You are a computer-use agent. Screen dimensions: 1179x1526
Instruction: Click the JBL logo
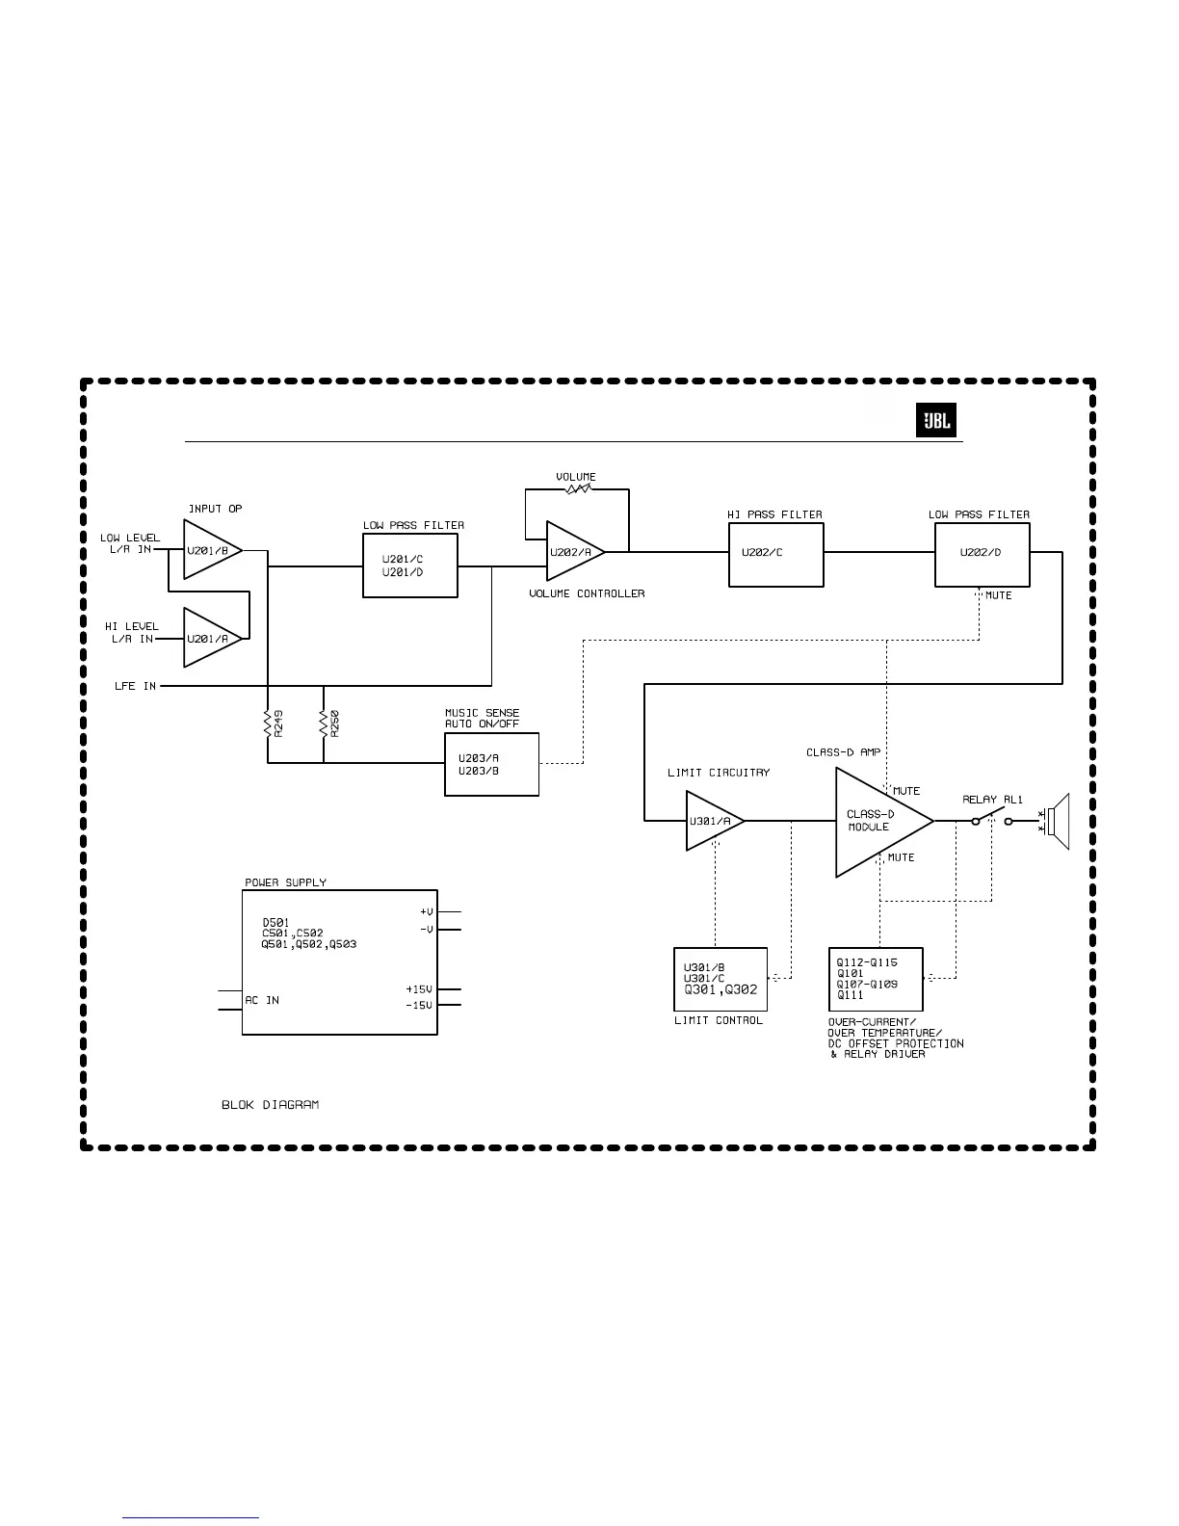[935, 422]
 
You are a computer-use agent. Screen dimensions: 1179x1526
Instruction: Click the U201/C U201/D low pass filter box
[409, 566]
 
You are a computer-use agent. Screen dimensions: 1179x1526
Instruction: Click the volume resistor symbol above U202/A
[577, 489]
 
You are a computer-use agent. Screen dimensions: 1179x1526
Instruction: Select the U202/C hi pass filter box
[775, 554]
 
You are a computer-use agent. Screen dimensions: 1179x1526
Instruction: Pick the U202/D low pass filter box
[982, 554]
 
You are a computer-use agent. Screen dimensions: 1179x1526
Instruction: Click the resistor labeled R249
[268, 724]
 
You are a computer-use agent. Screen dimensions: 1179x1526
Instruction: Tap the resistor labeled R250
[324, 724]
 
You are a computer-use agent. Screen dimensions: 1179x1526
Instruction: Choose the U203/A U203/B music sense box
[491, 764]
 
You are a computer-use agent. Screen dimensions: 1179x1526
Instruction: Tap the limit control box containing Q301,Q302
[720, 979]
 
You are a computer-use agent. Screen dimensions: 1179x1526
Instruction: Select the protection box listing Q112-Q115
[876, 979]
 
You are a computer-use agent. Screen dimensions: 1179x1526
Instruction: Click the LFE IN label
[135, 686]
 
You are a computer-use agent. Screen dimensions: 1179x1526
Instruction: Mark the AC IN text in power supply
[262, 1000]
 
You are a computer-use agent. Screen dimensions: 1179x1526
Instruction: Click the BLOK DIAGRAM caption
[270, 1104]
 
